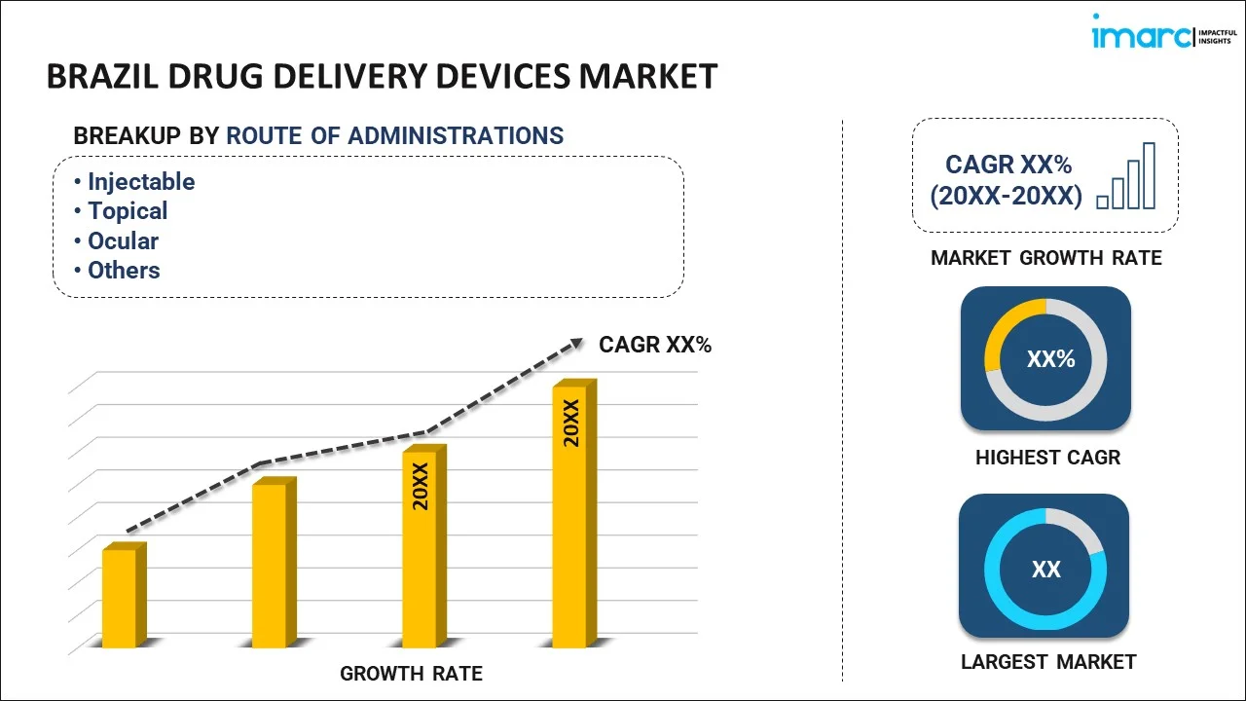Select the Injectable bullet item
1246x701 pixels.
point(141,182)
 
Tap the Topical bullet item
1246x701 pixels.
point(128,211)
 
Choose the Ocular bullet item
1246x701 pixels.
point(123,240)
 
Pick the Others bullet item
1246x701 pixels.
point(124,270)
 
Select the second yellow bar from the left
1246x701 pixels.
point(270,565)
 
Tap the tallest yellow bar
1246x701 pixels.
point(569,516)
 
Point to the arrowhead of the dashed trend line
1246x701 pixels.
point(576,343)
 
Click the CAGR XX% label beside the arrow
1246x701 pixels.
point(655,345)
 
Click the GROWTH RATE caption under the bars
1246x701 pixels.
point(411,673)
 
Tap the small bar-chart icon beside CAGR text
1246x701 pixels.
point(1126,177)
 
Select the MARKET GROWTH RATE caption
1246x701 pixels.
point(1046,258)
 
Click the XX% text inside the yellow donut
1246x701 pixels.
point(1050,359)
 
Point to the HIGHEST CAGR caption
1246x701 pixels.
point(1047,457)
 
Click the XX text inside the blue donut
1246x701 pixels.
point(1046,570)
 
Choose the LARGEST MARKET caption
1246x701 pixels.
point(1048,662)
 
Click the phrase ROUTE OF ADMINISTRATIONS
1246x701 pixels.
point(394,135)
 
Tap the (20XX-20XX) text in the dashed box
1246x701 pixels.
point(1006,196)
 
